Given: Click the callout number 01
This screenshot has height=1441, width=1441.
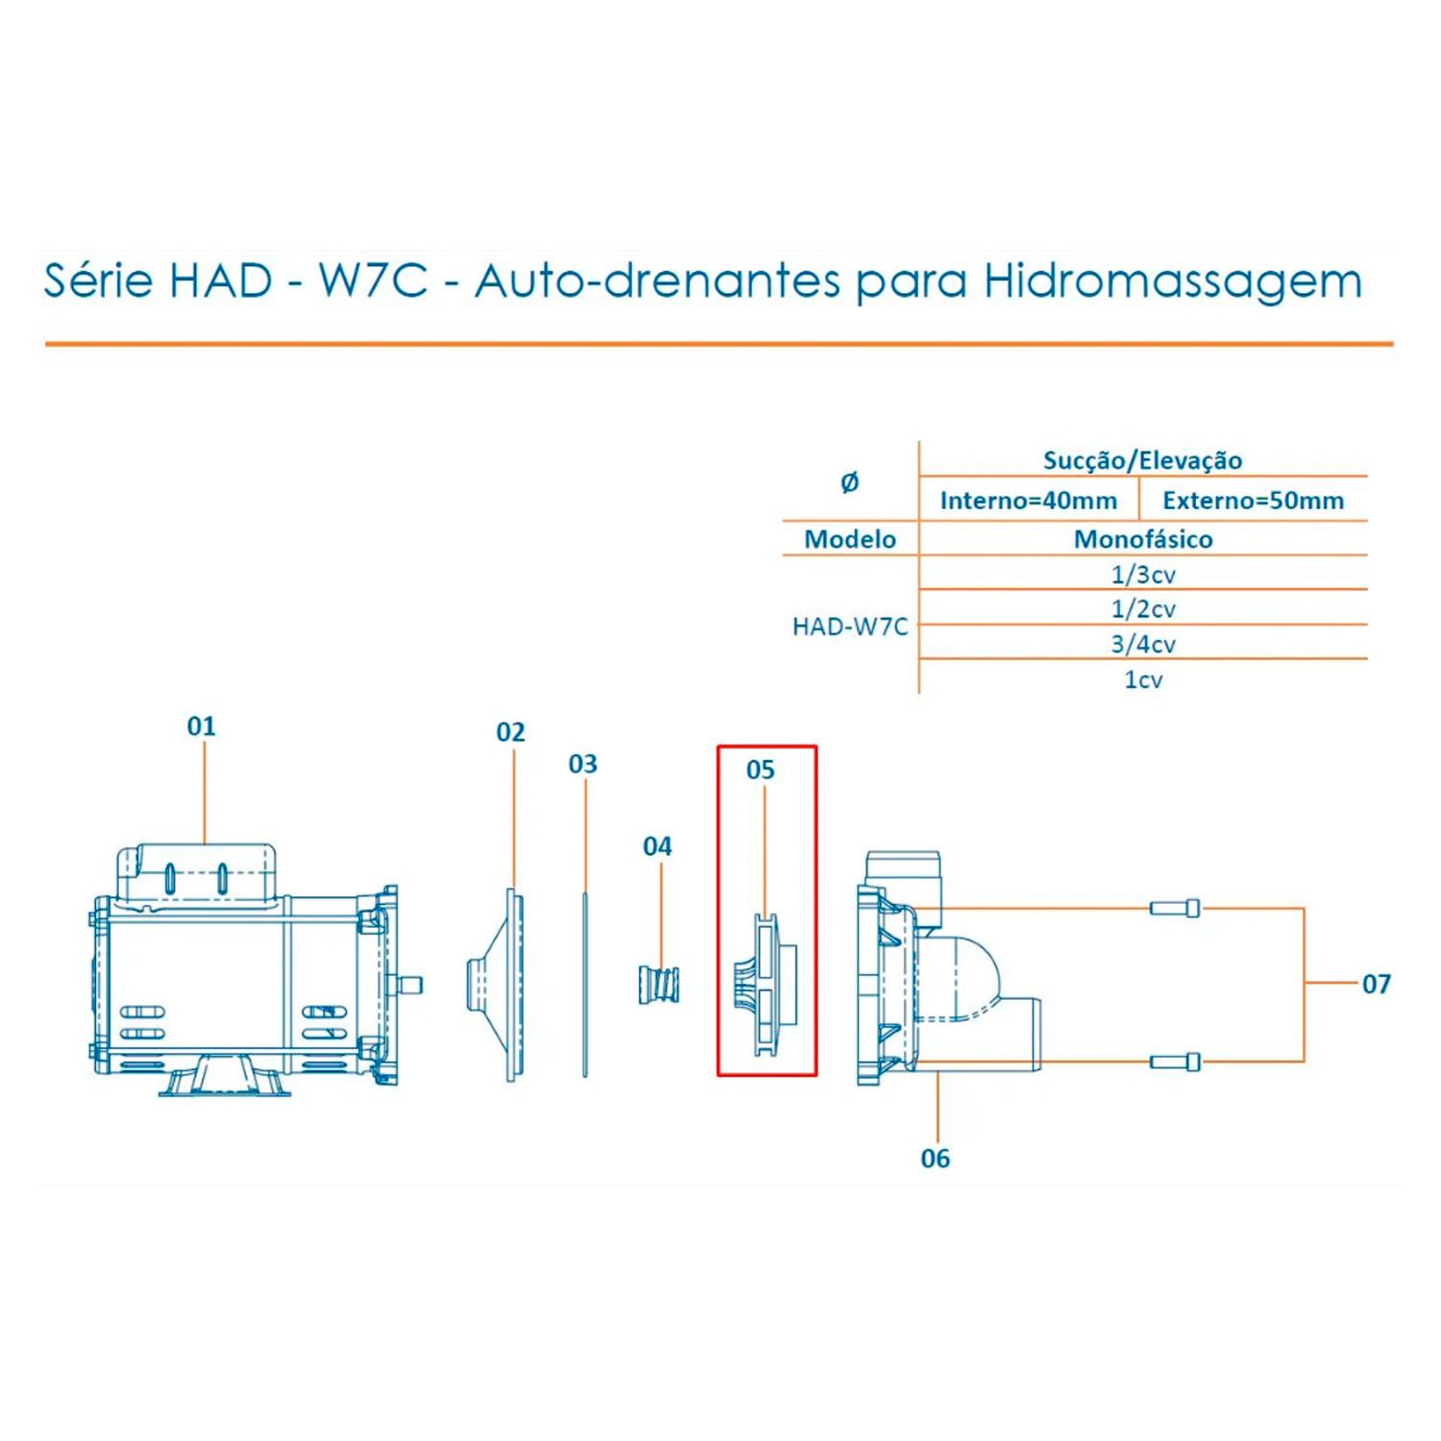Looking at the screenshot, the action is (202, 726).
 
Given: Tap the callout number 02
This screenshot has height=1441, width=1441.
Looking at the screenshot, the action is (511, 732).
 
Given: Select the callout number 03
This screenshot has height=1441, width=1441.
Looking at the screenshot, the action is (583, 764).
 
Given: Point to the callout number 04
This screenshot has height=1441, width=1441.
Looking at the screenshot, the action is (657, 846).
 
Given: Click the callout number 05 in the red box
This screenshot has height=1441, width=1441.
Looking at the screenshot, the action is (760, 769).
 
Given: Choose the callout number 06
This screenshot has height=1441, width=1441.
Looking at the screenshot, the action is (936, 1159).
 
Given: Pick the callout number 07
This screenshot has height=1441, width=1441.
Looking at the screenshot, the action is (1377, 984).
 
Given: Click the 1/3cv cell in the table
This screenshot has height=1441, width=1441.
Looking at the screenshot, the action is (1143, 574).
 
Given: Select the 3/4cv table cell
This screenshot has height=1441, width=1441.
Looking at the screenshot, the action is (1143, 644).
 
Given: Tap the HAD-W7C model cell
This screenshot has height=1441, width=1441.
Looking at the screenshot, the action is (850, 626).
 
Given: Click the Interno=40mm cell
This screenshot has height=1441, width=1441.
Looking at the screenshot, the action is (1029, 501).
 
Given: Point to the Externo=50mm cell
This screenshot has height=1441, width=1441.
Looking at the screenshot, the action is (1254, 501).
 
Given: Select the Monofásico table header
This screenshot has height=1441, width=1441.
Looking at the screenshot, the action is (1143, 539).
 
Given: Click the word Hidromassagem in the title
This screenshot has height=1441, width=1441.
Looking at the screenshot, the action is (1173, 281).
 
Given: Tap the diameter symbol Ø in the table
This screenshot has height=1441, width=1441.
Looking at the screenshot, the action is (850, 482).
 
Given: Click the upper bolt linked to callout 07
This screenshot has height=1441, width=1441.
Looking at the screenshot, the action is (1175, 908).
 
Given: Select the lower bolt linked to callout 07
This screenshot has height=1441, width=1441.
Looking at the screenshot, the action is (1175, 1062).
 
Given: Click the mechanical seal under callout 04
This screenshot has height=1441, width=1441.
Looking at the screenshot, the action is (660, 986).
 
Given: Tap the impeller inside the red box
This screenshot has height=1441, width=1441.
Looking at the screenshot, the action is (766, 985).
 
